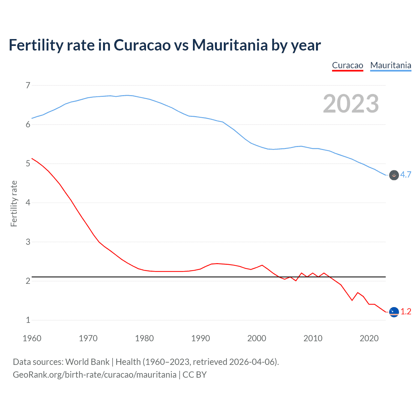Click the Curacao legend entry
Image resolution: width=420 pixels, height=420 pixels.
tap(347, 65)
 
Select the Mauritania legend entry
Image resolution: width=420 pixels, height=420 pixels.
tap(390, 65)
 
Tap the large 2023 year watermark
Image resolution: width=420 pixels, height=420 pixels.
tap(351, 104)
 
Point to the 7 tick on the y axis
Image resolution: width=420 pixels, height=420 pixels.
tap(28, 86)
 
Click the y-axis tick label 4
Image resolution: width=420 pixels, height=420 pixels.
tap(28, 203)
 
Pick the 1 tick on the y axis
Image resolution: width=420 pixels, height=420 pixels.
tap(28, 320)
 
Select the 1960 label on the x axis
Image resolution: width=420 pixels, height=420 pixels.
tap(32, 338)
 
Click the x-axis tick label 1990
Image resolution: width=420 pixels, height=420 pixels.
tap(200, 338)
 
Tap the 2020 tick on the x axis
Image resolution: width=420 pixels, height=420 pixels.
tap(369, 338)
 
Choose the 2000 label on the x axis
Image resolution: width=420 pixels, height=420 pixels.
tap(257, 338)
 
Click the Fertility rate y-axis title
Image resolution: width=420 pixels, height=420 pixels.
tap(14, 203)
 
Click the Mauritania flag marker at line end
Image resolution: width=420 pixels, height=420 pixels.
tap(394, 175)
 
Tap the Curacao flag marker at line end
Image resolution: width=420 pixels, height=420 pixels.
tap(394, 312)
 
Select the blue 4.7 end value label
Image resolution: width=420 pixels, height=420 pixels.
tap(406, 175)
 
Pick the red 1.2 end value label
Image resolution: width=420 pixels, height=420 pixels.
tap(406, 311)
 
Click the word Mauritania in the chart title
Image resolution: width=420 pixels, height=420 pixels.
tap(230, 45)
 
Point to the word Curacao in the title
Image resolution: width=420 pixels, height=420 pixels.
tap(142, 45)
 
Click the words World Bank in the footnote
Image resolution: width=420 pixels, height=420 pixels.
tap(87, 362)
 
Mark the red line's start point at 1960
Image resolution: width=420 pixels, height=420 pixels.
tap(32, 158)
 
